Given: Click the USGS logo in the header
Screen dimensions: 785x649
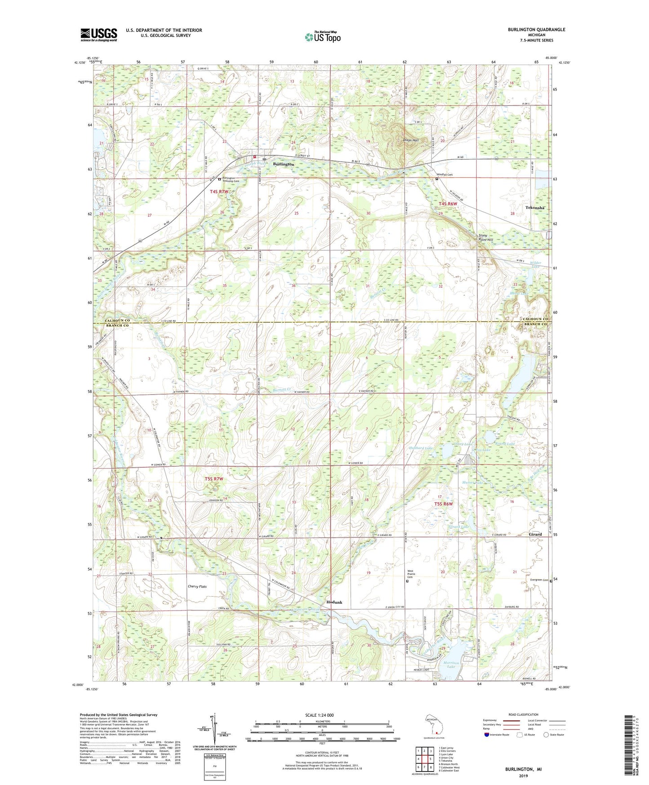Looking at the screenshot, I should coord(99,35).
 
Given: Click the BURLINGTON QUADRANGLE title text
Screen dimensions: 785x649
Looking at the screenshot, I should coord(536,30).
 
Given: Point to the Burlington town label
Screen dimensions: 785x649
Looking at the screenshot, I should coord(283,165).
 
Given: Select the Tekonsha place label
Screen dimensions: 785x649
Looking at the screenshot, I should coord(534,208).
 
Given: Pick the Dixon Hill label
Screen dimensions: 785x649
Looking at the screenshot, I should coord(411,140).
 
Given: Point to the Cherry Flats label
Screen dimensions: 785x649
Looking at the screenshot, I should coord(197,586).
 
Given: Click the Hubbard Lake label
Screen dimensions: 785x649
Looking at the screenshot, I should coord(420,448).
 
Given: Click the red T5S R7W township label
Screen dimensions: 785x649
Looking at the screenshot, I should coord(213,479).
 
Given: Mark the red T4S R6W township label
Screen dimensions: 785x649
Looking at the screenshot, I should coord(447,204).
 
